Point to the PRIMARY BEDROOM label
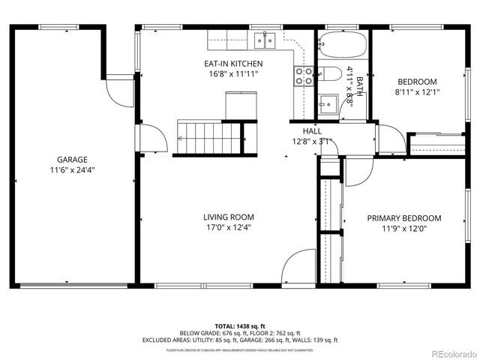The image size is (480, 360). [x=403, y=218]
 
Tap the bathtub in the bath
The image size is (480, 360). [x=341, y=46]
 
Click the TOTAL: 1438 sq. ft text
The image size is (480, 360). [x=239, y=325]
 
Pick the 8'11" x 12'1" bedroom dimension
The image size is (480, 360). [x=417, y=92]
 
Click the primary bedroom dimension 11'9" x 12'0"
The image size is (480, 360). [x=403, y=229]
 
